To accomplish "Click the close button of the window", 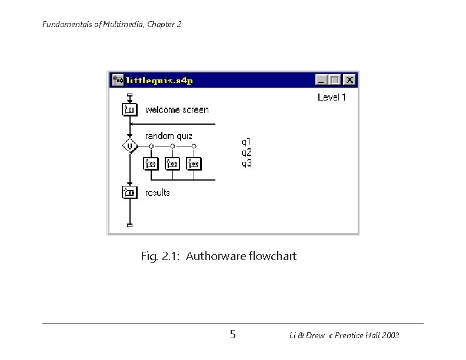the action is point(349,80).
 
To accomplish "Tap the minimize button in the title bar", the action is point(321,80).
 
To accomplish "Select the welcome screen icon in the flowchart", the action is point(129,109).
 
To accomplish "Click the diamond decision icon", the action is point(129,145).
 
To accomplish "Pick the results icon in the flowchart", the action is point(129,192).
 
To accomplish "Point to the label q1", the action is point(247,141).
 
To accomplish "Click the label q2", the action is point(247,152).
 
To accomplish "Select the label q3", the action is point(247,162).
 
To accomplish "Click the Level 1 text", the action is point(331,97).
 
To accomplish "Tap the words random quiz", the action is point(169,136).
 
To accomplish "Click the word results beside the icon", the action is point(158,192).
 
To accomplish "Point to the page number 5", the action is point(233,335).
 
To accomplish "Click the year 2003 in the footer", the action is point(389,336).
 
